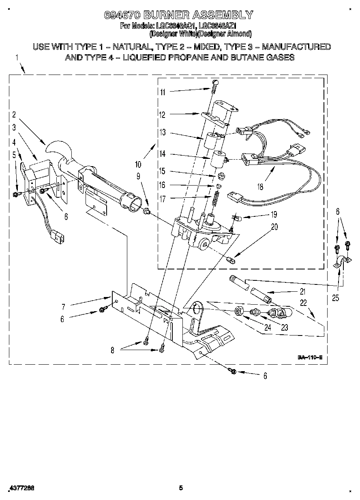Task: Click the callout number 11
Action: pyautogui.click(x=162, y=92)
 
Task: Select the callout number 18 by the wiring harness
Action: pyautogui.click(x=260, y=187)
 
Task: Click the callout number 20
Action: pyautogui.click(x=274, y=227)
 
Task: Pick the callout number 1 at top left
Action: pyautogui.click(x=17, y=58)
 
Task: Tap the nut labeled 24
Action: pyautogui.click(x=239, y=312)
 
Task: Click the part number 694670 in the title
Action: pyautogui.click(x=122, y=15)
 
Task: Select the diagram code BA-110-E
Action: pyautogui.click(x=310, y=357)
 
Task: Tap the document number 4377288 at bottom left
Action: pyautogui.click(x=20, y=488)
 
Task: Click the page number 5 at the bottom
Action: pyautogui.click(x=181, y=488)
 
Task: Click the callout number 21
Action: pyautogui.click(x=302, y=291)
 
